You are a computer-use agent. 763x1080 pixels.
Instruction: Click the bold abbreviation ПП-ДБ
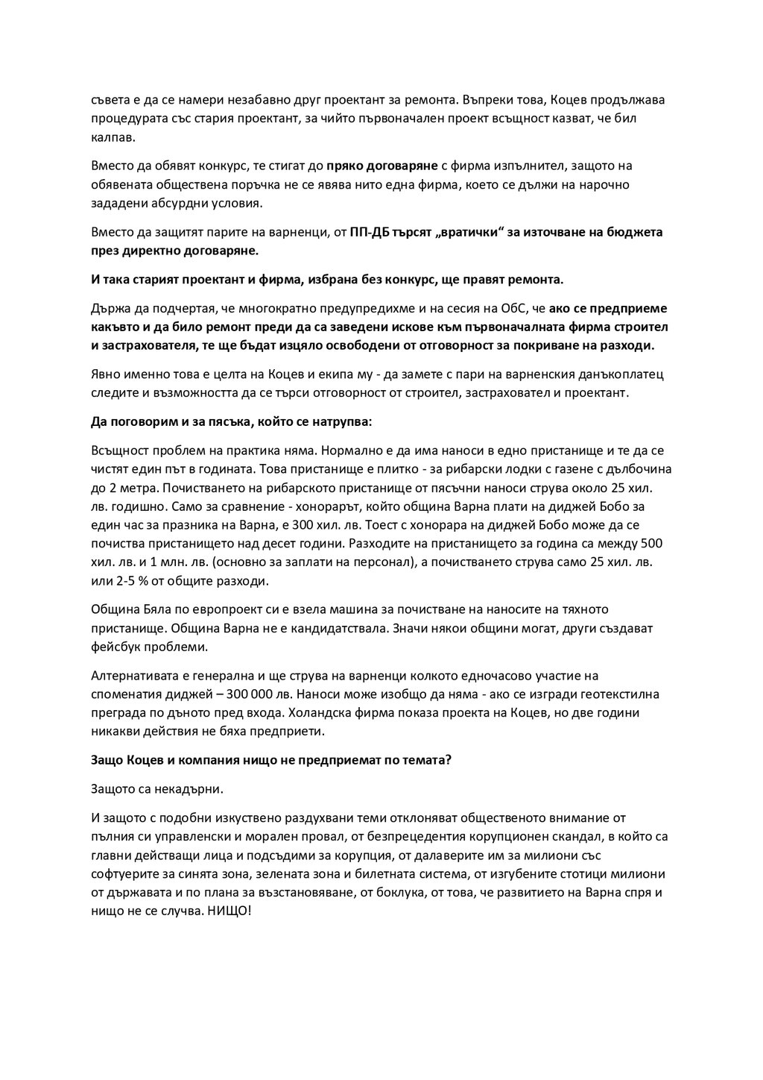370,232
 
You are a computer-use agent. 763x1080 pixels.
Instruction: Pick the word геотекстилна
621,694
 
